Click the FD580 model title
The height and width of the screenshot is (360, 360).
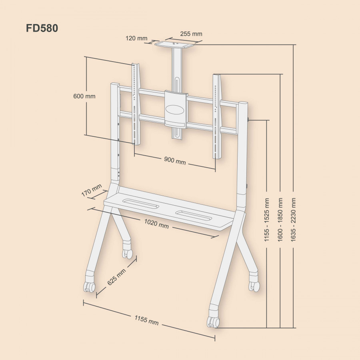tap(42, 29)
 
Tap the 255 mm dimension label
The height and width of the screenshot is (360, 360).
tap(191, 34)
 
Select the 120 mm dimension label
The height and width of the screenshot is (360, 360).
tap(136, 38)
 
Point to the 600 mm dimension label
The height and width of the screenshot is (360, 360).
tap(84, 96)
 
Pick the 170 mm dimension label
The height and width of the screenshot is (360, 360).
tap(91, 191)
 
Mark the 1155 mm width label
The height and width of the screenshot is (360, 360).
tap(146, 320)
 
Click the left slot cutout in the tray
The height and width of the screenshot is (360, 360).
tap(141, 204)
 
